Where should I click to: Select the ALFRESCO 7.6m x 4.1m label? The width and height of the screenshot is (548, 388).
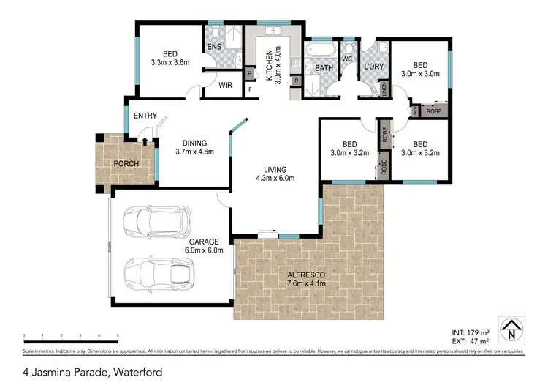[x=307, y=279]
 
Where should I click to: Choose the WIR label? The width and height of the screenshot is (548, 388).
[x=226, y=85]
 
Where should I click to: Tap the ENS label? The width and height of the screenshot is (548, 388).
[x=214, y=48]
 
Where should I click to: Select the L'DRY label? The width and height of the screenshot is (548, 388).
[x=373, y=67]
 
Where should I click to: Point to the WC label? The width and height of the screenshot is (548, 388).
[x=347, y=58]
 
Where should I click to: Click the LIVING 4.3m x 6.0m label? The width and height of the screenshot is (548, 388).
[x=275, y=174]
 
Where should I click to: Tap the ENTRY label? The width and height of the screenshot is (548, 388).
[x=145, y=116]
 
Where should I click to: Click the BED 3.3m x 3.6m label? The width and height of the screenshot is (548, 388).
[x=170, y=58]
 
